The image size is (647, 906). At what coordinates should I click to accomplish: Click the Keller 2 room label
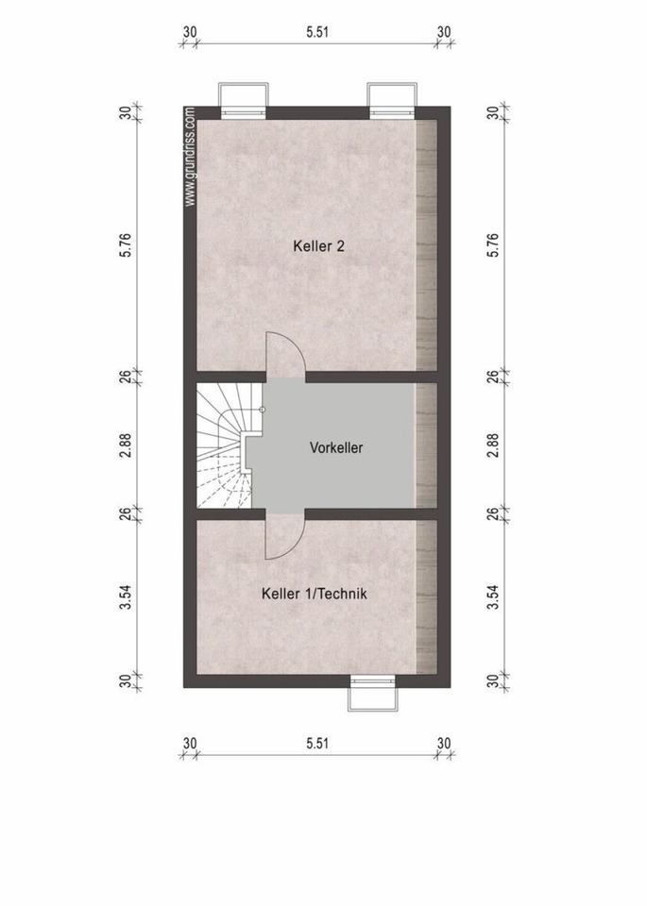click(318, 246)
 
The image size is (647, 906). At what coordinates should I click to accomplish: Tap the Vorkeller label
click(336, 447)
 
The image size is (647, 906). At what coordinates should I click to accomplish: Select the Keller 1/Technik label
click(314, 594)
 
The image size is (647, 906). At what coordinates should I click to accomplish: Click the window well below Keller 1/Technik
click(373, 694)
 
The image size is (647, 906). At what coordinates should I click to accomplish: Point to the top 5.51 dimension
click(317, 32)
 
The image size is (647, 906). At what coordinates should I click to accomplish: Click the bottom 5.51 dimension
click(317, 743)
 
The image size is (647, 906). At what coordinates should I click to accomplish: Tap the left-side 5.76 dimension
click(127, 245)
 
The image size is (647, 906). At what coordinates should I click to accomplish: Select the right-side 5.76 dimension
click(493, 245)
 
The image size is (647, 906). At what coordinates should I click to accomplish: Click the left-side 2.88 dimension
click(127, 445)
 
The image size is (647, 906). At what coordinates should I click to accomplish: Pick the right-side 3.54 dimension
click(493, 597)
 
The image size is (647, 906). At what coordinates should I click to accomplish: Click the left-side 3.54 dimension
click(127, 597)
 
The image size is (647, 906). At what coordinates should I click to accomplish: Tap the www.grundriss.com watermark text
click(190, 158)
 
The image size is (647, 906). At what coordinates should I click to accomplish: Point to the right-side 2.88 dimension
click(493, 445)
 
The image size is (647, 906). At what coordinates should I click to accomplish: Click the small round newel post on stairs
click(263, 410)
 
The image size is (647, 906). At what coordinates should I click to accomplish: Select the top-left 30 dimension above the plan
click(190, 32)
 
